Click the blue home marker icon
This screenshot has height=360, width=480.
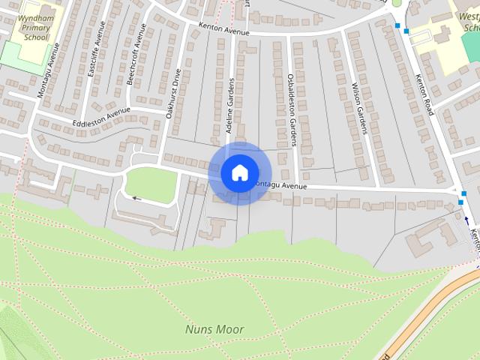point(239,172)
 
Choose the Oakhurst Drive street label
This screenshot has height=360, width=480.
point(173,94)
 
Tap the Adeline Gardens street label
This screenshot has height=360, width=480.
point(230,106)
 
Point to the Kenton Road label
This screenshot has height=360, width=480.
point(424,94)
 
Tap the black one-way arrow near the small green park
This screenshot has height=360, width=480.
point(136,199)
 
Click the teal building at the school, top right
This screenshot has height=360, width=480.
point(471,45)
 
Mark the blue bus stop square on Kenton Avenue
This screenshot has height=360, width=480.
point(397,25)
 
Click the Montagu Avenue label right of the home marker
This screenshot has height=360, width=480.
point(282,186)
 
